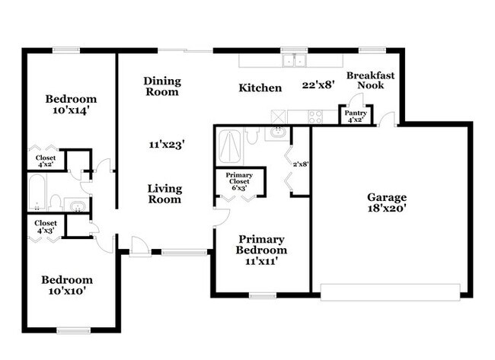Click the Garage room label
[388, 196]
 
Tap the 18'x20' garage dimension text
[388, 209]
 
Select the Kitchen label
[260, 88]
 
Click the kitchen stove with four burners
[315, 116]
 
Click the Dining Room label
[161, 86]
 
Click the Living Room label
[164, 194]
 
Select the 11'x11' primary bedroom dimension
[261, 261]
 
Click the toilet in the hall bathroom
[56, 201]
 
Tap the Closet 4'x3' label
[46, 227]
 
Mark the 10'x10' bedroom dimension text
[67, 290]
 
